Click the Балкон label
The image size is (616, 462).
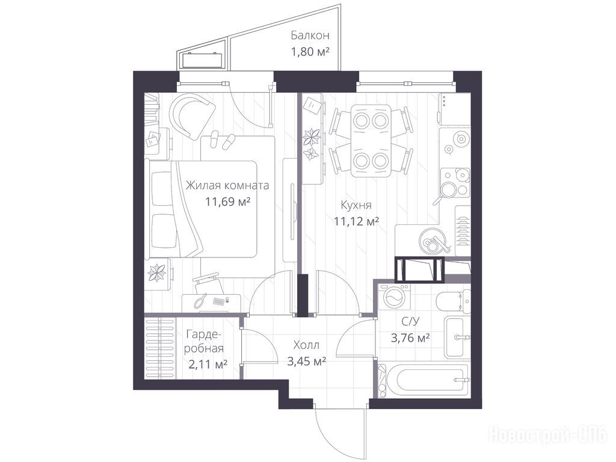click(x=310, y=35)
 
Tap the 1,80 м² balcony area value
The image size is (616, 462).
click(x=310, y=52)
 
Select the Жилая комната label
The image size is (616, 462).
click(x=227, y=185)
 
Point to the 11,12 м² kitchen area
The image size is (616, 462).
click(x=356, y=221)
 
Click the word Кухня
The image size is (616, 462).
click(x=356, y=205)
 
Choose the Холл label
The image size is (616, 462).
click(x=306, y=345)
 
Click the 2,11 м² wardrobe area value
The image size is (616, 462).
click(x=208, y=365)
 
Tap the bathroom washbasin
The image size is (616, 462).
click(x=457, y=337)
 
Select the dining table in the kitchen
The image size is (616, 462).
click(x=372, y=140)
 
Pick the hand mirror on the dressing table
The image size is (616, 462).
click(x=201, y=301)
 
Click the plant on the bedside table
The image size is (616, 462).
click(x=156, y=273)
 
